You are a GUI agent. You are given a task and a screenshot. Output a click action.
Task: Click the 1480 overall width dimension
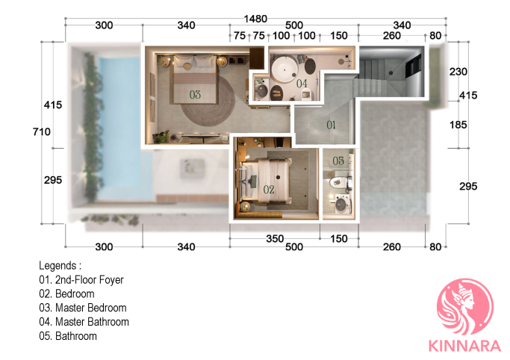pos(255,19)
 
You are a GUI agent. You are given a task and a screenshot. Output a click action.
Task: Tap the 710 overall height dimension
pos(42,131)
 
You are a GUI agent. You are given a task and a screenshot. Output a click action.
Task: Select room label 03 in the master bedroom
pos(195,95)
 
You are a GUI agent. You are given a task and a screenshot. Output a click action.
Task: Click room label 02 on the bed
pos(269,189)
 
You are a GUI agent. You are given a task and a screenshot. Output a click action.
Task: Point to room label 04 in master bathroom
pos(302,84)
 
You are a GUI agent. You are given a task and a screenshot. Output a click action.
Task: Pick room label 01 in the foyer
pos(331,125)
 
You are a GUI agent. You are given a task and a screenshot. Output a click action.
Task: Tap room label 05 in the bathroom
pos(338,161)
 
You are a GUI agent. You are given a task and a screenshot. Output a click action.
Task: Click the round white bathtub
pos(284,70)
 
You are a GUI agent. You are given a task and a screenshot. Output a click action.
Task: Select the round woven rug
pos(208,101)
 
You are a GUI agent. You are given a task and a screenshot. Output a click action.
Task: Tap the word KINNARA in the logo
pos(464,346)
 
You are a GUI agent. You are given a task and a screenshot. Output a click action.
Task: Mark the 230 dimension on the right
pos(458,72)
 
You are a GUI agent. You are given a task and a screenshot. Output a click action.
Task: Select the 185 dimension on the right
pos(458,125)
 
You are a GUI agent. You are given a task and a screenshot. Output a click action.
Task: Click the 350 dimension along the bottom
pos(275,239)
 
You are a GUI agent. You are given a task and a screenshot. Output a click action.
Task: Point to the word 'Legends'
pos(57,266)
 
